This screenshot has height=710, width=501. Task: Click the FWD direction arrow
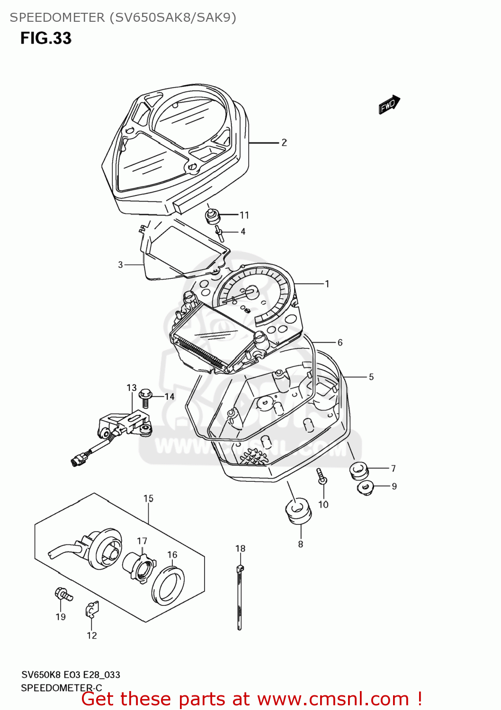click(x=389, y=105)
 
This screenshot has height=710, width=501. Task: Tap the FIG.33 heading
click(x=45, y=38)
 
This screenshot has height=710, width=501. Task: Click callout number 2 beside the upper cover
click(x=284, y=142)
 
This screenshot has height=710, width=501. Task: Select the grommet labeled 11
click(x=212, y=216)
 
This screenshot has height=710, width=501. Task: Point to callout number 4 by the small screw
click(x=243, y=231)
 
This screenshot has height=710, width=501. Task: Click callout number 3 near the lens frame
click(x=120, y=265)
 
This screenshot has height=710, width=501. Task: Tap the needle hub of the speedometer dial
click(x=250, y=292)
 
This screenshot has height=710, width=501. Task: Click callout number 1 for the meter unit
click(x=327, y=284)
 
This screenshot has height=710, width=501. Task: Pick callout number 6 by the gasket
click(x=340, y=342)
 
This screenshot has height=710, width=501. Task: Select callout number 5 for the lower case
click(x=371, y=377)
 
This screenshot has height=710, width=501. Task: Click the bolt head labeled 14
click(x=145, y=394)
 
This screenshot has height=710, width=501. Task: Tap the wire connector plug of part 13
click(x=76, y=460)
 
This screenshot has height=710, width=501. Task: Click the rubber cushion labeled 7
click(x=358, y=471)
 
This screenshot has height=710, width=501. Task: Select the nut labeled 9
click(x=366, y=487)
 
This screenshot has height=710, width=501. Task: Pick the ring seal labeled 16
click(x=168, y=586)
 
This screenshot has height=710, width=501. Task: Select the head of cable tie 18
click(x=240, y=568)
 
